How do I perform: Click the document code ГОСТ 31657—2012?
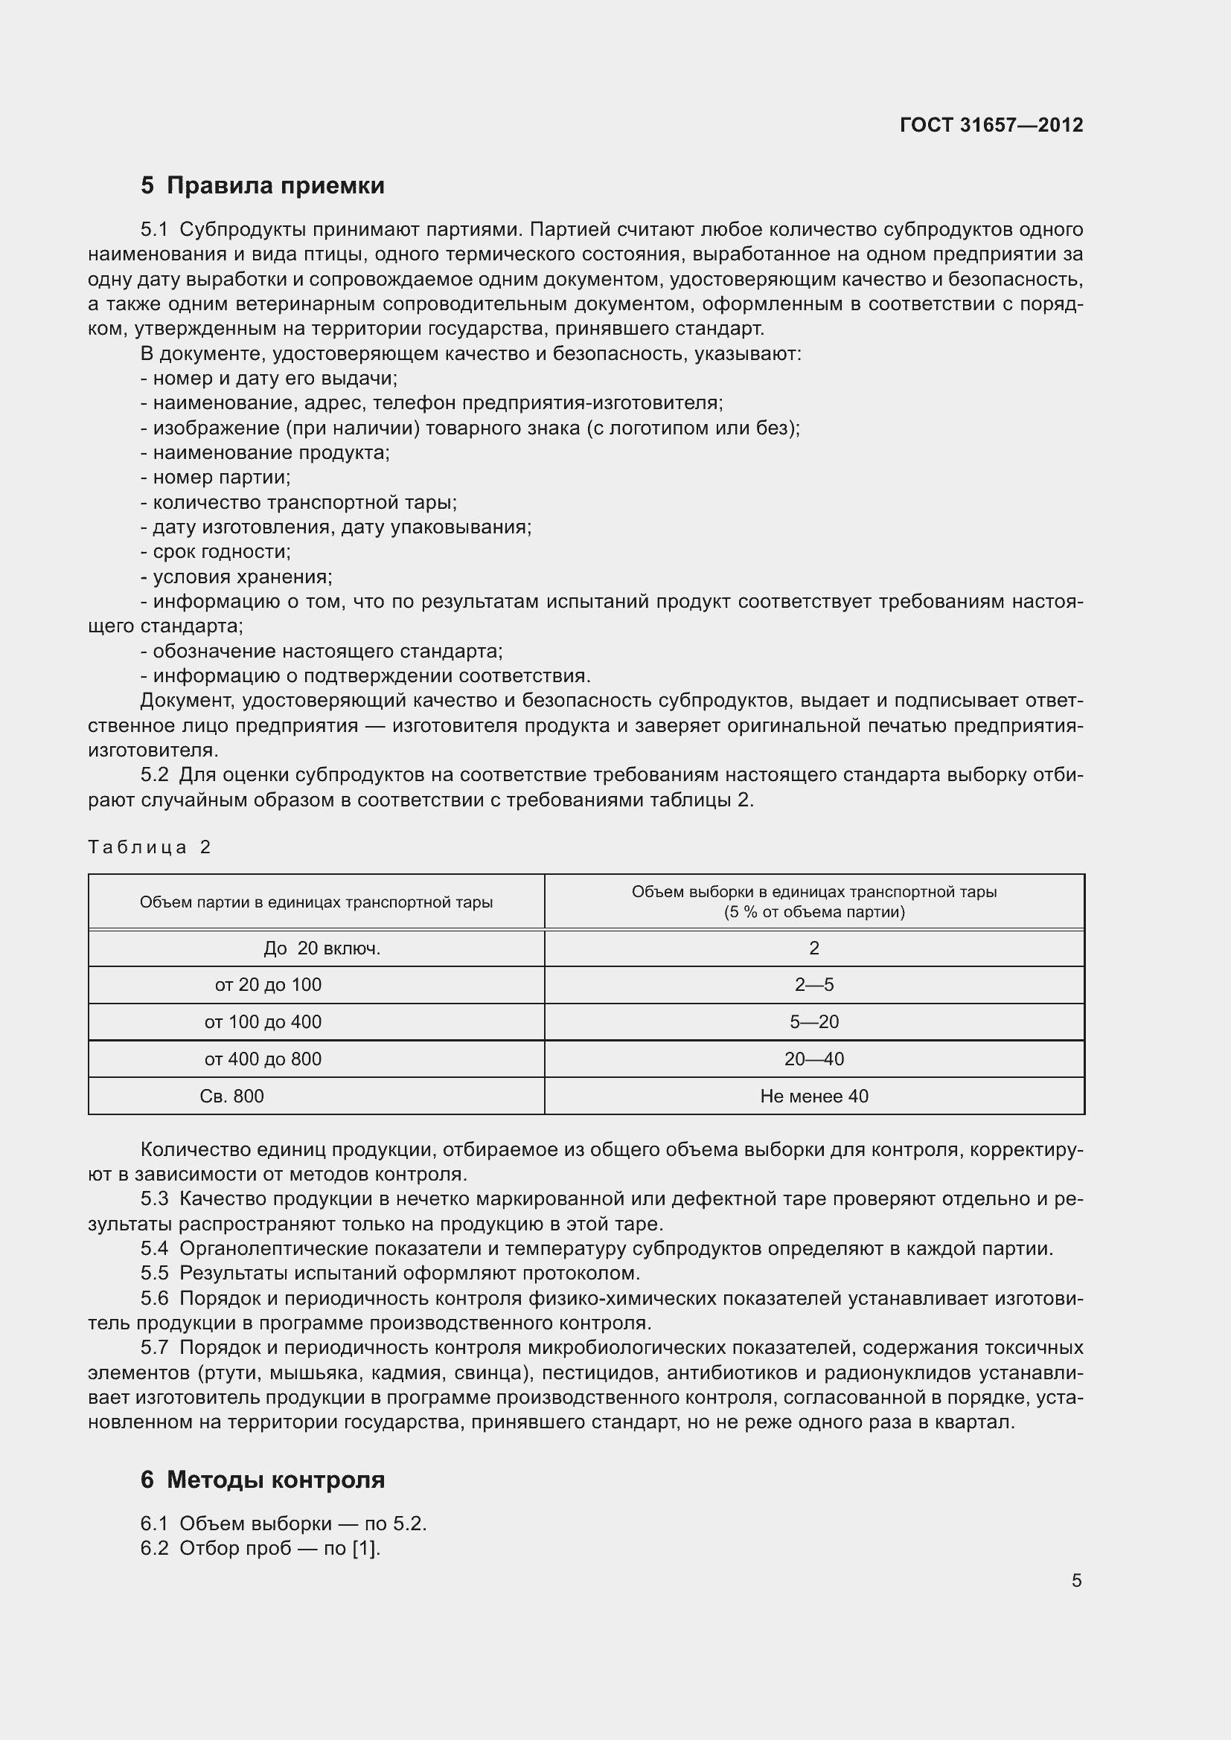coord(991,125)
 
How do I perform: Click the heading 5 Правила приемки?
coord(262,186)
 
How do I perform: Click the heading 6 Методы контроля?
coord(262,1480)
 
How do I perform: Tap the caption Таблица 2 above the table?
coord(150,847)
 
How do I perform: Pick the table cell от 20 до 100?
coord(268,984)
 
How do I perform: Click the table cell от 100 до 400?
coord(262,1021)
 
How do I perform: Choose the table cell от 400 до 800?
coord(262,1059)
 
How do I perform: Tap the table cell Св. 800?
coord(231,1096)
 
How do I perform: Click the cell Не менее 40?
coord(813,1096)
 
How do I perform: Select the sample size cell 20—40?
coord(813,1059)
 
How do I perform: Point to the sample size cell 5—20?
coord(813,1021)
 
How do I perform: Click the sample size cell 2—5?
coord(813,984)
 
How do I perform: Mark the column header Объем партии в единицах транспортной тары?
coord(316,902)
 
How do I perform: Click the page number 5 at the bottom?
coord(1076,1581)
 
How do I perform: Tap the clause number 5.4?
coord(155,1248)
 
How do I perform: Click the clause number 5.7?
coord(155,1347)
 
